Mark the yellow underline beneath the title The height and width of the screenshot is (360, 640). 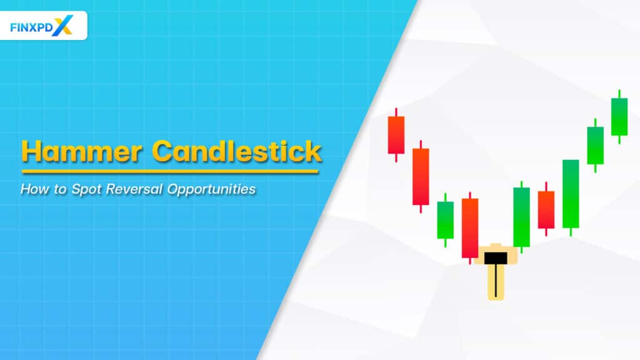click(170, 171)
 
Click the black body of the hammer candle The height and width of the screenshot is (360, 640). click(495, 257)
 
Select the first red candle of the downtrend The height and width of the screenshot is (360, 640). click(396, 134)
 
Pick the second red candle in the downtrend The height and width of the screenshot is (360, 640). click(421, 176)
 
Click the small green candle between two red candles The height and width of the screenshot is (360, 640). click(445, 219)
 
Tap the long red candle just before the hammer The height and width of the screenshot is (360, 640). click(470, 227)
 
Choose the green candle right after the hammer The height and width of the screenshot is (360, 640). click(521, 216)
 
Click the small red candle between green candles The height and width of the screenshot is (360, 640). click(546, 209)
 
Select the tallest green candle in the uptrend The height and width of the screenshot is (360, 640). click(571, 193)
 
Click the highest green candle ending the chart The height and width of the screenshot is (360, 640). click(619, 116)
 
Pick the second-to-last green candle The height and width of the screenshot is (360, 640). click(595, 145)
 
